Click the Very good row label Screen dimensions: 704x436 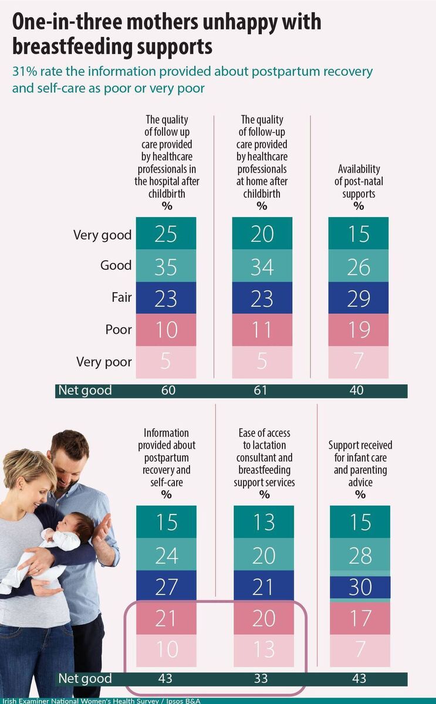[102, 235]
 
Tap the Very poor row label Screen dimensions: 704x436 [104, 362]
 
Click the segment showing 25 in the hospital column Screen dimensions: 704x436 [166, 233]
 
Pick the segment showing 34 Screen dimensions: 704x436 [262, 266]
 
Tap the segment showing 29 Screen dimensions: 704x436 [359, 298]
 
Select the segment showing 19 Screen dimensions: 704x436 [359, 330]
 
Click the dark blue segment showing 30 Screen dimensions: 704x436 [360, 587]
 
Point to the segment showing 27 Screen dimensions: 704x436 [166, 586]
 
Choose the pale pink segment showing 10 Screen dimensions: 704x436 [166, 650]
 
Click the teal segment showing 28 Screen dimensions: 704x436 [360, 554]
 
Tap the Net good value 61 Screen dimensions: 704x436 [262, 391]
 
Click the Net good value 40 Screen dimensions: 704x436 [357, 391]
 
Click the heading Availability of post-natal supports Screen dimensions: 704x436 [359, 181]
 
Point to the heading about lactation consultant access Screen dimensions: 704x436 [264, 458]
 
